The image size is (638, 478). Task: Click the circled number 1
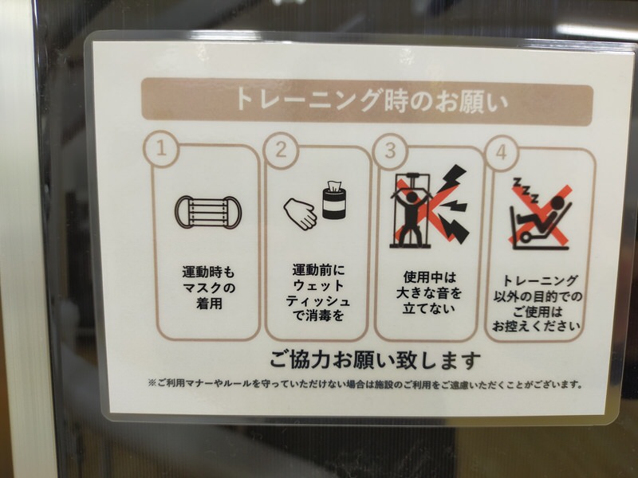[x=162, y=149]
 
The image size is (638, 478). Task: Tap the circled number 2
[x=282, y=151]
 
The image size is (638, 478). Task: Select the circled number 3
[x=390, y=151]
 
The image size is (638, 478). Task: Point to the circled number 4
[x=502, y=153]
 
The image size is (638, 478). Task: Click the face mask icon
[x=208, y=213]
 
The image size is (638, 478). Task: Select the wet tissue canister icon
[x=334, y=200]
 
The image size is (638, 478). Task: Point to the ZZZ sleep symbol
[x=526, y=190]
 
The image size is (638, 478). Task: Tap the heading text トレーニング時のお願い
[x=372, y=101]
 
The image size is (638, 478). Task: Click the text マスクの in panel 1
[x=209, y=288]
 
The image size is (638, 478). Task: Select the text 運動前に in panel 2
[x=318, y=270]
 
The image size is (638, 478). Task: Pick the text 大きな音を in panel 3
[x=429, y=293]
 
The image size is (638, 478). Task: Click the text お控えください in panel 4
[x=536, y=327]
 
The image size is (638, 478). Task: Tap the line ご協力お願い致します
[x=375, y=360]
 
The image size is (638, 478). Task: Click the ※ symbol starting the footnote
[x=152, y=383]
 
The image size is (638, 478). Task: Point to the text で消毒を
[x=318, y=315]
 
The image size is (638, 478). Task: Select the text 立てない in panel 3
[x=429, y=308]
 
